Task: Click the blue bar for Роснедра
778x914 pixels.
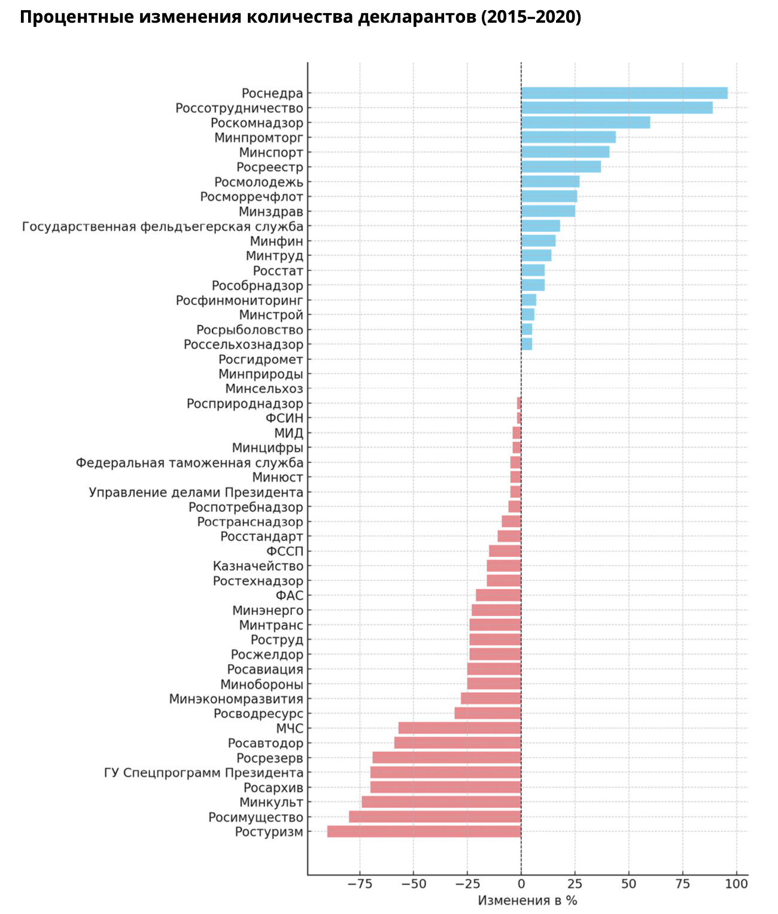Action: pyautogui.click(x=624, y=93)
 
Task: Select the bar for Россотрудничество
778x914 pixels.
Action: pyautogui.click(x=616, y=108)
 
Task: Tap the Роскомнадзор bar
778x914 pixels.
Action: pyautogui.click(x=585, y=123)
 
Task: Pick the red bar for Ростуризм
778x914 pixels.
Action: pyautogui.click(x=424, y=831)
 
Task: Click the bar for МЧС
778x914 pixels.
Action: pyautogui.click(x=460, y=728)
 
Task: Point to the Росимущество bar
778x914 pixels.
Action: pyautogui.click(x=435, y=817)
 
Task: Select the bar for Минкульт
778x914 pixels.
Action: pyautogui.click(x=441, y=802)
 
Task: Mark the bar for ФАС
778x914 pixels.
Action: pyautogui.click(x=499, y=595)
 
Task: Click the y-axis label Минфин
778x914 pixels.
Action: pyautogui.click(x=276, y=241)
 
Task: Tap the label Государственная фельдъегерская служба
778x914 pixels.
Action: pyautogui.click(x=163, y=227)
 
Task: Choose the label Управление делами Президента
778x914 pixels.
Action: pyautogui.click(x=196, y=492)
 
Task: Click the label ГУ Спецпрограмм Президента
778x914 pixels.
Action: pyautogui.click(x=203, y=773)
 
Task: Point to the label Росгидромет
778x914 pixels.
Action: pyautogui.click(x=261, y=359)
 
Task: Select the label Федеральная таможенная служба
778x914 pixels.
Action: pyautogui.click(x=190, y=462)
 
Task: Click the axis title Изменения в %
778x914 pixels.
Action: pyautogui.click(x=527, y=901)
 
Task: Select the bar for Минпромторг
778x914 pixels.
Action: pyautogui.click(x=569, y=138)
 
